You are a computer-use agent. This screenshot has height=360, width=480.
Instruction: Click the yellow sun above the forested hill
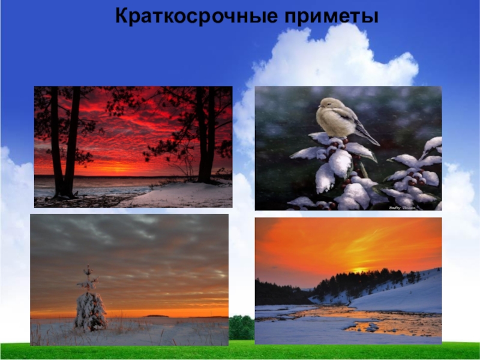[x=361, y=271]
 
